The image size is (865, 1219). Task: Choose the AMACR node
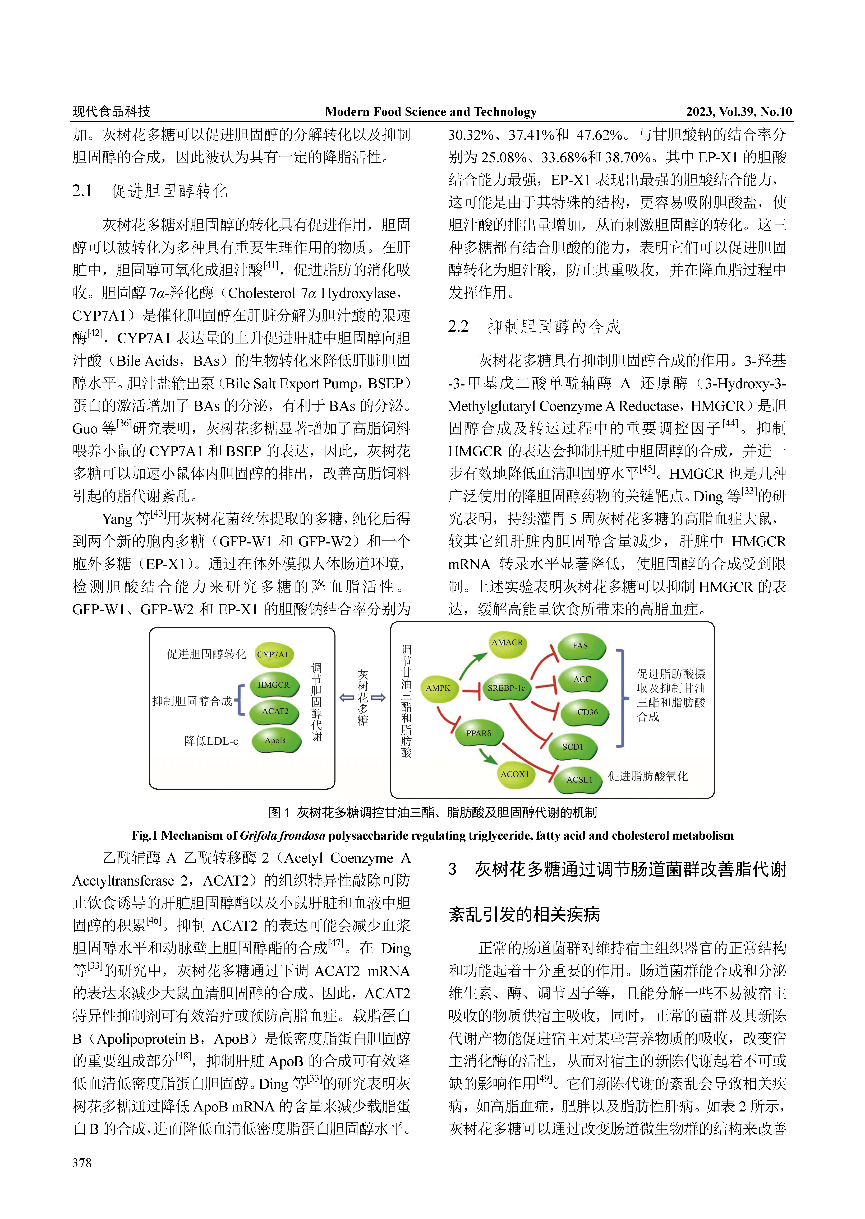(x=507, y=643)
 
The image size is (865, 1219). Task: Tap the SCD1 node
(x=573, y=747)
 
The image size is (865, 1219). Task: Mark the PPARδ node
(x=478, y=734)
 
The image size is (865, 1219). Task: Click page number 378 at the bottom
(x=82, y=1163)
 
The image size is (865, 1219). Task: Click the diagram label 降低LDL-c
(x=211, y=741)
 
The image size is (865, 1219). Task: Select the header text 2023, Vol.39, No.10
(x=738, y=112)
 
